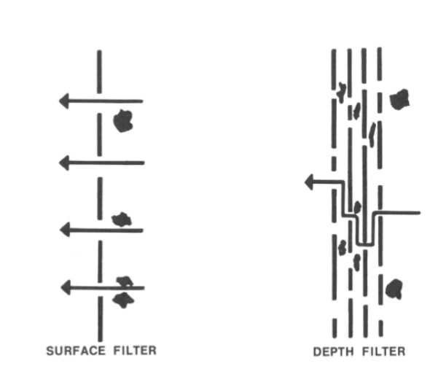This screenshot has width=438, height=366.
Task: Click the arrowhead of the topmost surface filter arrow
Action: coord(64,101)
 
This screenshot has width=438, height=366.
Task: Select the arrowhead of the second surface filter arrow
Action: coord(64,162)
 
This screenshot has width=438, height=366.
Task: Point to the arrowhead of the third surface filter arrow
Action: coord(64,230)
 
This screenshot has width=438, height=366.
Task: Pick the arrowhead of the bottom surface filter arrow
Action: coord(64,287)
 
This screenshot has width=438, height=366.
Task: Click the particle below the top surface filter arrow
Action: coord(124,120)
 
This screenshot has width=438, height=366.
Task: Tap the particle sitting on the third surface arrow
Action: coord(121,219)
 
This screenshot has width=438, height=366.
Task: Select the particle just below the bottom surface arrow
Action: coord(122,299)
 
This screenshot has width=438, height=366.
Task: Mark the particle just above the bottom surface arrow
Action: coord(125,280)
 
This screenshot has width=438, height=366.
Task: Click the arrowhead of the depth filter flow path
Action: coord(310,182)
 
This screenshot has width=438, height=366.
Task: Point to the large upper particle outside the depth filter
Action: coord(399,100)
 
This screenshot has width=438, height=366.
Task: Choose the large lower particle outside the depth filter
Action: coord(395,288)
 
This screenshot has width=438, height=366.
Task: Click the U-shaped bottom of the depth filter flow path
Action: coord(364,243)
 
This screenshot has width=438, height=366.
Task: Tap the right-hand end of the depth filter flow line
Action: coord(419,213)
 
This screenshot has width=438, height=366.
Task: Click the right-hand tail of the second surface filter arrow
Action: coord(143,162)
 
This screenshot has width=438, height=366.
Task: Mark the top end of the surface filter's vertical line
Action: coord(100,52)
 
